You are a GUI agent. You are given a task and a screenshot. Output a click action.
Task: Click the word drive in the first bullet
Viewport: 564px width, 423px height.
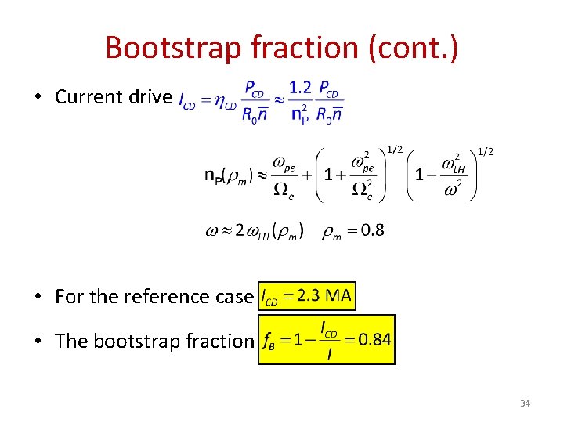pos(151,97)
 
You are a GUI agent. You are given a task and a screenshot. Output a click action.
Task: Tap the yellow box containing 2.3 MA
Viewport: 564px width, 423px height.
pos(306,297)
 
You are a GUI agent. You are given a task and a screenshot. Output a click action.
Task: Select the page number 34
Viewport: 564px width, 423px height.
pos(524,403)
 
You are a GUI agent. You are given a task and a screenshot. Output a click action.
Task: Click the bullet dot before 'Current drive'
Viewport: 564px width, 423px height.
pos(38,98)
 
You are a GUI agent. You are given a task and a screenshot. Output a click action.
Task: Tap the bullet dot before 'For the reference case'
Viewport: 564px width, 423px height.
pos(38,298)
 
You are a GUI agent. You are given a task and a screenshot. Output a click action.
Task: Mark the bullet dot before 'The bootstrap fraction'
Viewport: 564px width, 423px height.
pos(38,342)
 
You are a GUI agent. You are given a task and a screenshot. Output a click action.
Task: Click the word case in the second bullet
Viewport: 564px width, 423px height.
pos(234,297)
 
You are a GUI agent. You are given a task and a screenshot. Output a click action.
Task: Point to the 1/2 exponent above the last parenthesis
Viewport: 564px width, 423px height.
pos(485,151)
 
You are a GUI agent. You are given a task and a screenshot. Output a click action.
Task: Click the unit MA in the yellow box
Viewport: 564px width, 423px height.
pos(338,297)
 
